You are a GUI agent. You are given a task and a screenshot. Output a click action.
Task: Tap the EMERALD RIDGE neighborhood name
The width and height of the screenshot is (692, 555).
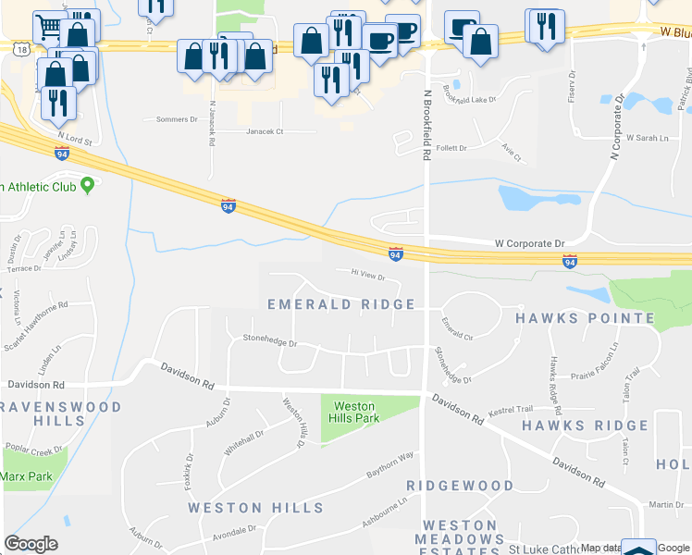[341, 304]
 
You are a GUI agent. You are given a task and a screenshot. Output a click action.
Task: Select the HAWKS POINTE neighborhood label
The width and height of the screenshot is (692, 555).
[585, 318]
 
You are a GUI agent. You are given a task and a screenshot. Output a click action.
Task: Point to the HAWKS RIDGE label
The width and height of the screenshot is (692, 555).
[579, 425]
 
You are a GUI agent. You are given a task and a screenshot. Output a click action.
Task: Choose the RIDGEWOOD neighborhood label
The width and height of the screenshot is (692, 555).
[460, 486]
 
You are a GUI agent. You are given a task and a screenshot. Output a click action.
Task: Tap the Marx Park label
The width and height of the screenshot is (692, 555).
[26, 477]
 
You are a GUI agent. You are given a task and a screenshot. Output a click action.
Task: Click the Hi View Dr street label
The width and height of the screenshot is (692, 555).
[367, 275]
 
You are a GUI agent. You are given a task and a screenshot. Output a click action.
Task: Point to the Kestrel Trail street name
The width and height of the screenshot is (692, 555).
[512, 409]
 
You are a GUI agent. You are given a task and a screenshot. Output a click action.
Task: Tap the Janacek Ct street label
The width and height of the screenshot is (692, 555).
[265, 131]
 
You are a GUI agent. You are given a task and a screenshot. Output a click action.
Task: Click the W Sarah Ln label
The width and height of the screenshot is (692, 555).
[647, 138]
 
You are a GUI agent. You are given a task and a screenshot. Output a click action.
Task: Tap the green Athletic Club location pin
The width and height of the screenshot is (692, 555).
[88, 185]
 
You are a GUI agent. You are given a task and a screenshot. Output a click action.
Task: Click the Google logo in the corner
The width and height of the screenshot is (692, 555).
[31, 544]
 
